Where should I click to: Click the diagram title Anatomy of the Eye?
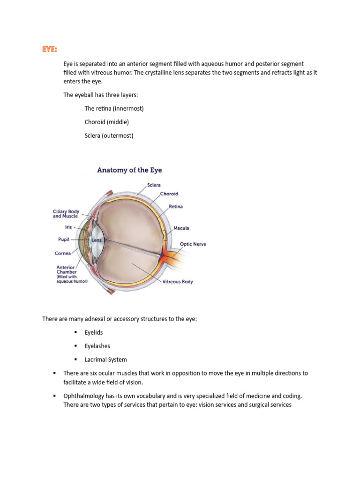point(129,170)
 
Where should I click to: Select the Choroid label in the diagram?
point(169,194)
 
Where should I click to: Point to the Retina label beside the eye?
point(176,206)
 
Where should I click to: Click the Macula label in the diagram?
point(181,228)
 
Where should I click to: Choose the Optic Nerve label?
point(193,244)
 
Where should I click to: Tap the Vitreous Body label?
point(178,282)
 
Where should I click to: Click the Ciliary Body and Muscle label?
point(66,214)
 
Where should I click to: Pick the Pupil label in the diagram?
point(64,240)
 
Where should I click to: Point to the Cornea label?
point(63,253)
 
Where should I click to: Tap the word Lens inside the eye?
point(97,240)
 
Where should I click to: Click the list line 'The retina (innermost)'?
point(114,108)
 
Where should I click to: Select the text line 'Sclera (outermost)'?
point(109,135)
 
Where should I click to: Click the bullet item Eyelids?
point(94,332)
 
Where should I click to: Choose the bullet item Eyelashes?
point(97,346)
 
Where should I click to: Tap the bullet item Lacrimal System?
point(105,360)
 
